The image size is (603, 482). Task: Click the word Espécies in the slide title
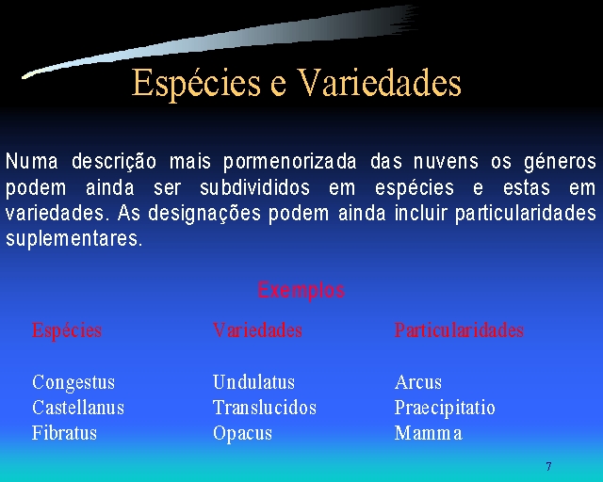tap(196, 84)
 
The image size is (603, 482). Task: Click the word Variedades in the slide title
tap(380, 82)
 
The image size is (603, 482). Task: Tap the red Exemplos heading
tap(301, 291)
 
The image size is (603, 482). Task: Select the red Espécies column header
tap(67, 331)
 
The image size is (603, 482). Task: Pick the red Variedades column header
tap(257, 330)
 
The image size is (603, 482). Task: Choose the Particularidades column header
tap(459, 330)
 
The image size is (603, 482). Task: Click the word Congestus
tap(73, 383)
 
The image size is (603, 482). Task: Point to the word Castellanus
tap(78, 408)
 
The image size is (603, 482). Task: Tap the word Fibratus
tap(64, 433)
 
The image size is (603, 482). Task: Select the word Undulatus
tap(253, 382)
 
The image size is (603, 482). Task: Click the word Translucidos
tap(265, 408)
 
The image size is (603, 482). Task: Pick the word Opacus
tap(243, 434)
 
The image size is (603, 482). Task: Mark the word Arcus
tap(418, 382)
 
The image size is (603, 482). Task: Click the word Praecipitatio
tap(445, 409)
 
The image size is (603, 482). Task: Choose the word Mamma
tap(429, 433)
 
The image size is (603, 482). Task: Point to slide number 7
tap(548, 466)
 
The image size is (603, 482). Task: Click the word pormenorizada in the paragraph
tap(290, 162)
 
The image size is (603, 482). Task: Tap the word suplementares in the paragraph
tap(74, 239)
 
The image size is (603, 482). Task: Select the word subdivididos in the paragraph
tap(254, 187)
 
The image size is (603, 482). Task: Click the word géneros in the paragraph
tap(561, 162)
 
